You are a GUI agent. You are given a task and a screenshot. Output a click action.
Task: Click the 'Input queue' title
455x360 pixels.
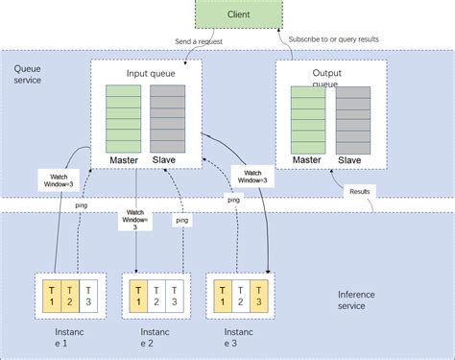[x=149, y=73]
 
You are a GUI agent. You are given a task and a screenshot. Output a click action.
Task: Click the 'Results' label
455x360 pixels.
[x=360, y=191]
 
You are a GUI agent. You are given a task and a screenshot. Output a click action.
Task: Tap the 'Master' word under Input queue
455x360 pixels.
[x=123, y=157]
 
